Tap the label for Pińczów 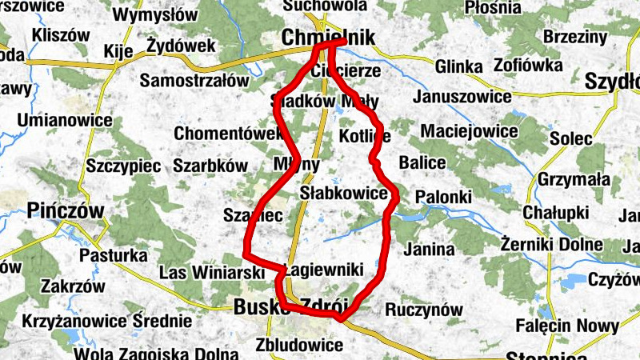pyautogui.click(x=66, y=210)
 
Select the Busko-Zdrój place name pyautogui.click(x=291, y=306)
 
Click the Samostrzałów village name pyautogui.click(x=195, y=80)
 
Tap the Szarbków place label pyautogui.click(x=210, y=166)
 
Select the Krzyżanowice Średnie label pyautogui.click(x=107, y=322)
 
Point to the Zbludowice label pyautogui.click(x=300, y=346)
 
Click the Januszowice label pyautogui.click(x=462, y=97)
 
